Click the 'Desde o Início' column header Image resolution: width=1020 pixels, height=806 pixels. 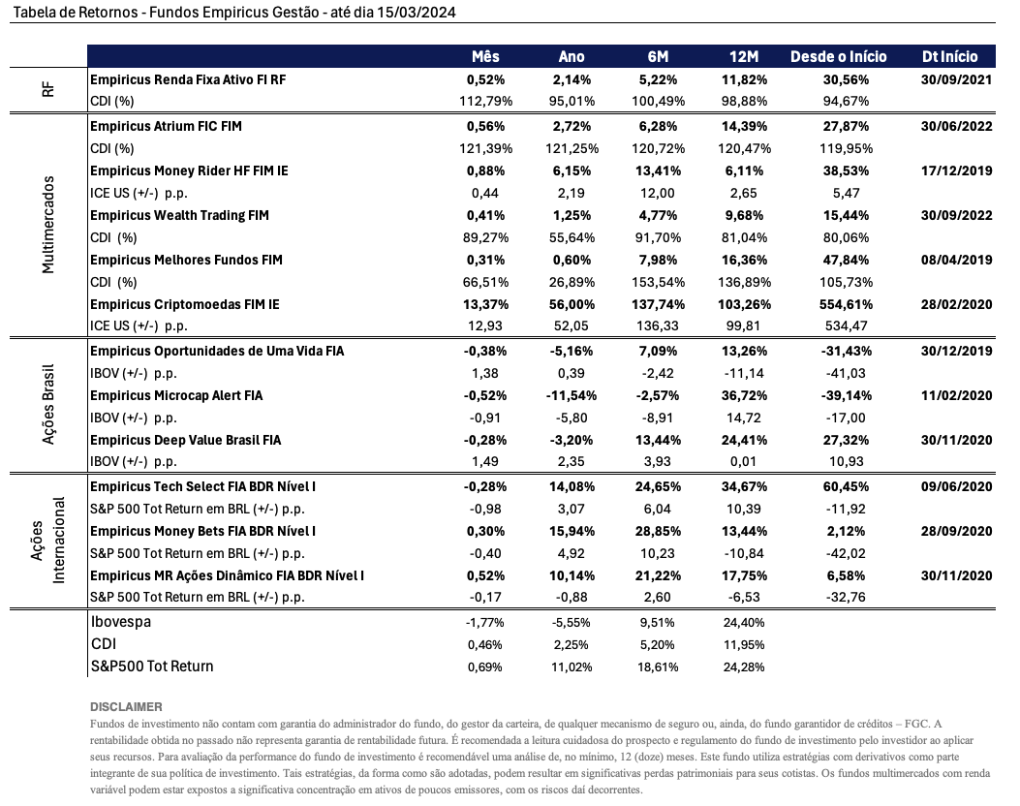[839, 56]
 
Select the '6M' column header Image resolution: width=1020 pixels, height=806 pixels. [658, 56]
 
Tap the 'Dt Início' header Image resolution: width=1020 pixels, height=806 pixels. [949, 56]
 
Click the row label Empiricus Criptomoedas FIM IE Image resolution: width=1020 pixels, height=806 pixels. [185, 304]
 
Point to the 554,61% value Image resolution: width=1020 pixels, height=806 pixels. [846, 304]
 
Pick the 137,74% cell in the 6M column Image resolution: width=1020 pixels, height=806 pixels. [658, 304]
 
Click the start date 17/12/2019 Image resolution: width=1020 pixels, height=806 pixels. [956, 171]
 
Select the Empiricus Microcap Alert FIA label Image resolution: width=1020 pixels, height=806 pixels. [176, 395]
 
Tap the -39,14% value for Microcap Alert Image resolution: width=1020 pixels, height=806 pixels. [846, 395]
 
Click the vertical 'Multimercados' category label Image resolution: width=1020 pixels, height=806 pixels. [48, 225]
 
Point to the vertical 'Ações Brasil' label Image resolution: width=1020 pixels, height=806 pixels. [48, 405]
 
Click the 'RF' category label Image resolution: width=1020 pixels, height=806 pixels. [48, 90]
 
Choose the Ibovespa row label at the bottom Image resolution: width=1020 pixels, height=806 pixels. [121, 622]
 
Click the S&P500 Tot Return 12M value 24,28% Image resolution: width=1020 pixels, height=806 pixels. [744, 667]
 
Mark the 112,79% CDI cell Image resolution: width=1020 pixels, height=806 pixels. [485, 102]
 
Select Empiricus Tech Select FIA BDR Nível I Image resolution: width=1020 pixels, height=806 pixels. [203, 486]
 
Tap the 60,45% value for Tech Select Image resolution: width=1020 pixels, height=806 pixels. [846, 486]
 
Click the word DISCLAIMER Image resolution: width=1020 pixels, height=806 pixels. [126, 707]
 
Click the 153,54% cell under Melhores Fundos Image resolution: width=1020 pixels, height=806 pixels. [658, 282]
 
